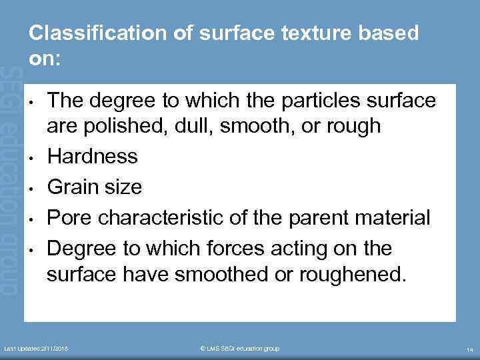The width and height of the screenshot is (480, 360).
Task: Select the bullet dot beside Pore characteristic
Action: (33, 219)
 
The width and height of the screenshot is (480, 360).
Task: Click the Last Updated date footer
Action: (37, 349)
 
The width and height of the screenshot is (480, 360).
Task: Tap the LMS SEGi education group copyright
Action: (239, 349)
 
